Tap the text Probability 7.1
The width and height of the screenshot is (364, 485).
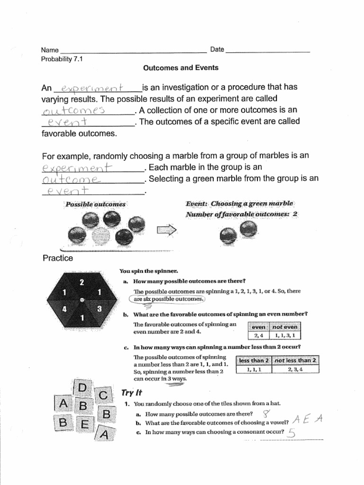point(62,59)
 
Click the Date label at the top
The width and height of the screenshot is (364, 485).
point(217,50)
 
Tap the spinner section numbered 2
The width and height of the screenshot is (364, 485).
point(82,283)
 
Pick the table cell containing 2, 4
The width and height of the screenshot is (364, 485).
point(258,335)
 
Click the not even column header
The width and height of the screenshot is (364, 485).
point(285,327)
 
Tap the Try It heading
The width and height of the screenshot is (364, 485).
point(132,393)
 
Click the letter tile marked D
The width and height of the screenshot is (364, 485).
point(82,389)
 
